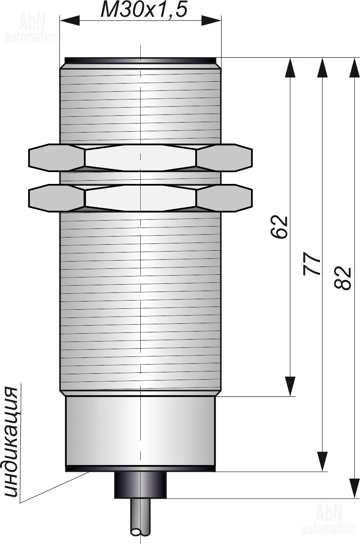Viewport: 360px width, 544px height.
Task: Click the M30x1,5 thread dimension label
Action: tap(144, 10)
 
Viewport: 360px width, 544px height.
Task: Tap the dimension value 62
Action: tap(280, 227)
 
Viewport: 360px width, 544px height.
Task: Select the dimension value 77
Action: tap(312, 264)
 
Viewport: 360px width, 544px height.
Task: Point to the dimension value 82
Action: tap(343, 278)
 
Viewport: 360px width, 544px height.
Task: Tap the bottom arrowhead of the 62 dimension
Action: tap(290, 386)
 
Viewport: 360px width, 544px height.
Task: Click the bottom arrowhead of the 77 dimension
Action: tap(322, 461)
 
